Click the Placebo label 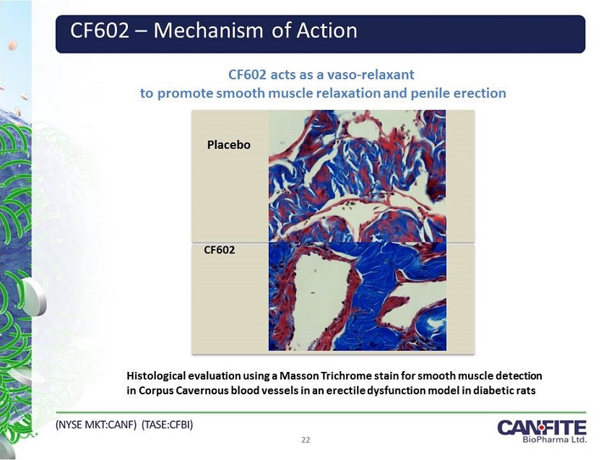(229, 145)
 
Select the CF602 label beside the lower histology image (220, 250)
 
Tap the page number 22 (306, 440)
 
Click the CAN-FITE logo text (542, 427)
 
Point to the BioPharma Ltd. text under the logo (555, 439)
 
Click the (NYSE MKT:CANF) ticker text (96, 425)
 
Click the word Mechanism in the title (208, 30)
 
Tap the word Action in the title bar (327, 30)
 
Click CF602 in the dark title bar (100, 30)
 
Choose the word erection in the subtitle (480, 93)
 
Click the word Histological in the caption (156, 376)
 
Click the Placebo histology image (357, 175)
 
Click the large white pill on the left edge (34, 297)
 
